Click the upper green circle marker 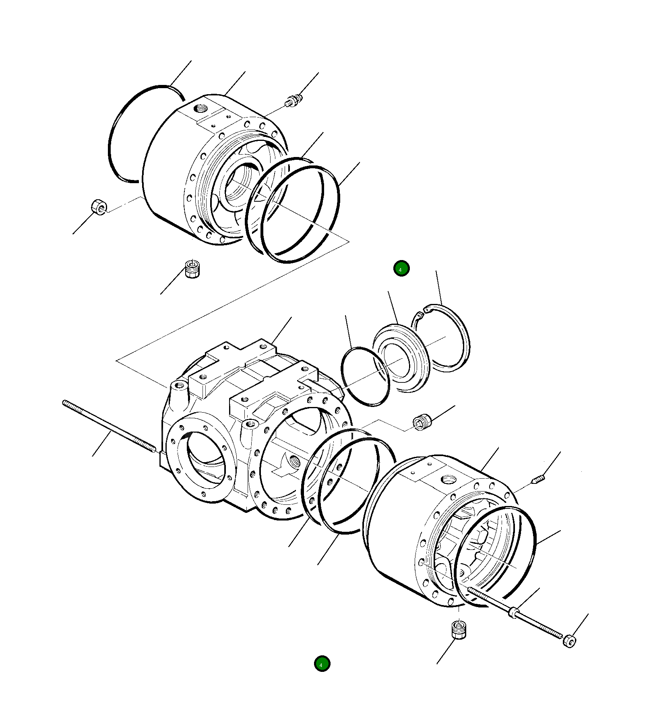401,269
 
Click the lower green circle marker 322,664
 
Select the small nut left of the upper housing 99,207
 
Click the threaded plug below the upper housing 192,269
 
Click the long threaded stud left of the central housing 109,426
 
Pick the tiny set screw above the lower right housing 539,479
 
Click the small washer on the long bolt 513,613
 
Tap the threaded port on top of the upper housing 200,109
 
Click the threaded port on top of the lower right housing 448,480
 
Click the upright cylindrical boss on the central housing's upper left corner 179,390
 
